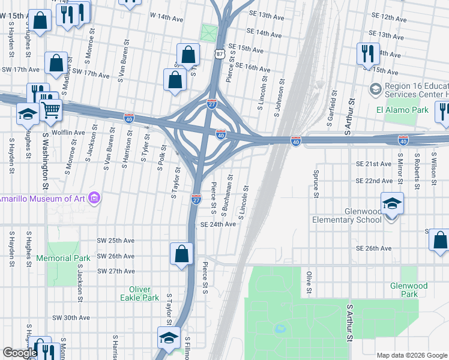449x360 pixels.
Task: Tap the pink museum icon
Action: pyautogui.click(x=94, y=197)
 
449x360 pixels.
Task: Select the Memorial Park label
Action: pyautogui.click(x=63, y=258)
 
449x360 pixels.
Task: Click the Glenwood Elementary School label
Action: pyautogui.click(x=346, y=215)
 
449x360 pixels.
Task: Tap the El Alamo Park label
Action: pyautogui.click(x=402, y=110)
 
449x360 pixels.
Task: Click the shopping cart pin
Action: pyautogui.click(x=51, y=109)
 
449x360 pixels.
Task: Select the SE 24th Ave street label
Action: pyautogui.click(x=218, y=224)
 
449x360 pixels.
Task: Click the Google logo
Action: pyautogui.click(x=20, y=353)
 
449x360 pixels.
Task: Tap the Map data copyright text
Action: pyautogui.click(x=411, y=355)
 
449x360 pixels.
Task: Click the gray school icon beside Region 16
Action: pyautogui.click(x=375, y=90)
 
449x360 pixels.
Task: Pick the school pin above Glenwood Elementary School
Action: pyautogui.click(x=391, y=204)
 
